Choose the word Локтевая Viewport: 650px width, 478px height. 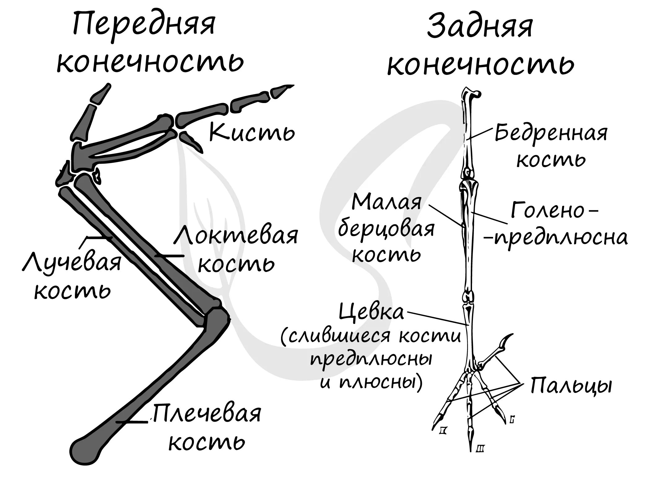(x=236, y=236)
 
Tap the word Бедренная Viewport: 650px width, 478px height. (x=551, y=133)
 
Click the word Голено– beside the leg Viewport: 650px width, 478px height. (x=554, y=210)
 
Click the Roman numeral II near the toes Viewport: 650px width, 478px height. (x=444, y=430)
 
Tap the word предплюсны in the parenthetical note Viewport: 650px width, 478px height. (x=371, y=360)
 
